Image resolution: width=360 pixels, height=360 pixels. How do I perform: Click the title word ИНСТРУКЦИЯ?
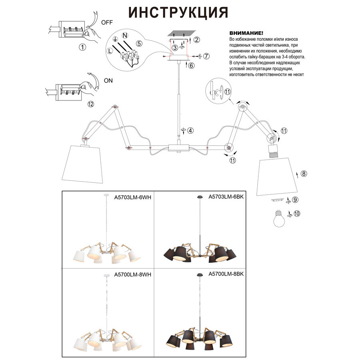click(178, 12)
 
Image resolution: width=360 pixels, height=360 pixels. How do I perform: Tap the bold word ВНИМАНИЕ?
click(246, 33)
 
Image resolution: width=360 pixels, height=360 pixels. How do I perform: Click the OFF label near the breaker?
click(107, 22)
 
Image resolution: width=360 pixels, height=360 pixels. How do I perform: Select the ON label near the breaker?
click(108, 80)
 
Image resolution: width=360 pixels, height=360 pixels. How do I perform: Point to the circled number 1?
click(82, 47)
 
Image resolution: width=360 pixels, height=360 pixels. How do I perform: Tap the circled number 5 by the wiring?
click(138, 44)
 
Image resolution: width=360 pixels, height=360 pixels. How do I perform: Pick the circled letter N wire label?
click(125, 36)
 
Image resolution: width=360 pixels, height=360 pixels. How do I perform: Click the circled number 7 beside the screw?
click(206, 56)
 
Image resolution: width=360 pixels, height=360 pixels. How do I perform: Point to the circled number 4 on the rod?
click(190, 130)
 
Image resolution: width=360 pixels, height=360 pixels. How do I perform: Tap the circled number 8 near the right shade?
click(304, 174)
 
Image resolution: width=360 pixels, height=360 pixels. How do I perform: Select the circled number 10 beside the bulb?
click(296, 214)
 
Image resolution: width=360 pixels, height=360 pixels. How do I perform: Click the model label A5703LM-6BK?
click(226, 197)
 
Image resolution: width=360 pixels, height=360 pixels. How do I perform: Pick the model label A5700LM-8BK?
click(226, 274)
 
